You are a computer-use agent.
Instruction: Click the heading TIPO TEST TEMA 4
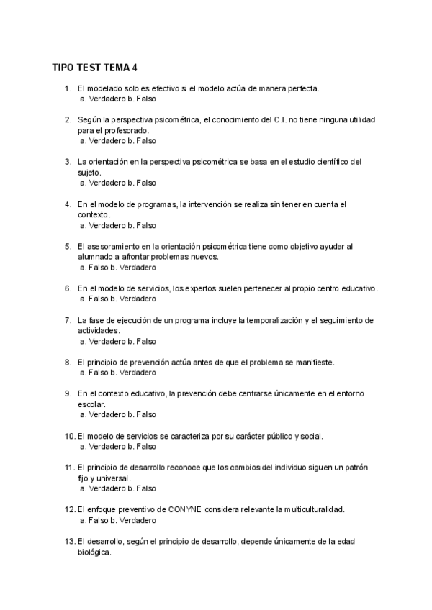tap(94, 68)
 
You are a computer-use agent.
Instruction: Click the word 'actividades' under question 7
tap(98, 330)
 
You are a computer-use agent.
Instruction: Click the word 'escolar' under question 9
tap(91, 404)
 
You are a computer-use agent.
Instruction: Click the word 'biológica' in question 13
tap(94, 552)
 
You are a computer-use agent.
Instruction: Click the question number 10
tap(69, 436)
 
